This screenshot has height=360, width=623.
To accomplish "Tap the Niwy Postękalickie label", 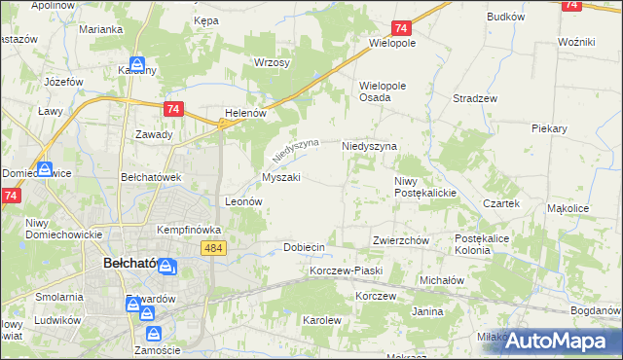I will [x=425, y=187].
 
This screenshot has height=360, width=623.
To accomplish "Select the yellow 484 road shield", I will [x=216, y=248].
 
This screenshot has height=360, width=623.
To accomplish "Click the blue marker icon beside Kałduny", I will [x=138, y=65].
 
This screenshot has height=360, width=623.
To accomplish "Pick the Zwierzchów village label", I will [x=401, y=240].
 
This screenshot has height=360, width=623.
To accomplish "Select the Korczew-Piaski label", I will [x=347, y=270].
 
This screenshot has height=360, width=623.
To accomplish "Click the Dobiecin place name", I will [x=303, y=247].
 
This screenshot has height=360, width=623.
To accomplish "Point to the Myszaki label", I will [x=280, y=178].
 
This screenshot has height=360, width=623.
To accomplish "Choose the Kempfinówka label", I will [x=190, y=230].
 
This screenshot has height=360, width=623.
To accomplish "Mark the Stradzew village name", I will [x=475, y=99].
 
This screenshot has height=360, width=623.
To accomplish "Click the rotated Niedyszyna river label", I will [x=295, y=151].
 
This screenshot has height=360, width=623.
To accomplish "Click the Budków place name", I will [x=505, y=18].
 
